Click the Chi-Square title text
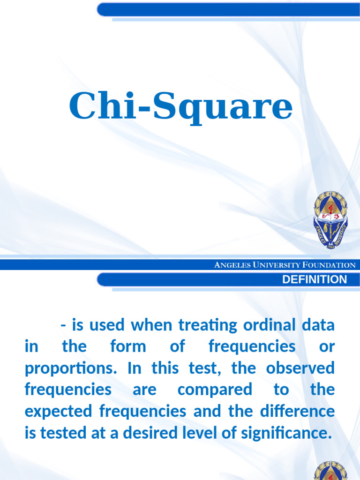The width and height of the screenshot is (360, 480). (x=180, y=107)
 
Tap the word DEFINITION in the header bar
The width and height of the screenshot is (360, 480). (x=315, y=280)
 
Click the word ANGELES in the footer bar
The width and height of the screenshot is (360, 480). (x=232, y=265)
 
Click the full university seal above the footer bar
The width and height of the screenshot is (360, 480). (x=331, y=219)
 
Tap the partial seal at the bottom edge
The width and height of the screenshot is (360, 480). (x=331, y=471)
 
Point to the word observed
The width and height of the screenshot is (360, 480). (x=300, y=368)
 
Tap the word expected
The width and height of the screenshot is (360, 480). (x=58, y=412)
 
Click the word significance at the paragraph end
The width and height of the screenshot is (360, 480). (x=283, y=433)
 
